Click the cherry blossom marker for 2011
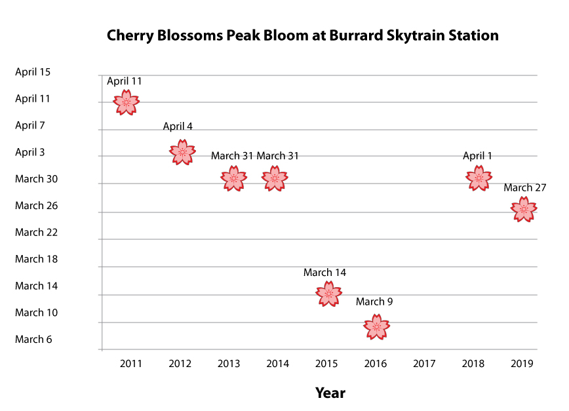[127, 102]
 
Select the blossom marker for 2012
[182, 152]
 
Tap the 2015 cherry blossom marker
[329, 294]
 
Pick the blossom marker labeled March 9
[377, 327]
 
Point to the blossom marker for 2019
[524, 209]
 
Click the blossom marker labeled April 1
[479, 178]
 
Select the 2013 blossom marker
[234, 178]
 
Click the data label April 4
[178, 127]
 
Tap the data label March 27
[524, 187]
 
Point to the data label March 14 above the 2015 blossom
[324, 273]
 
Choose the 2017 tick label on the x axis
[424, 364]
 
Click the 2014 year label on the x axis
[277, 364]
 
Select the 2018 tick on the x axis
[473, 364]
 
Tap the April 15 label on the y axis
[33, 72]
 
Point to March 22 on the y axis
[36, 232]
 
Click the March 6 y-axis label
[33, 340]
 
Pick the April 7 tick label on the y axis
[30, 125]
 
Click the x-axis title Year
[330, 393]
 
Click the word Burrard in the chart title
[356, 35]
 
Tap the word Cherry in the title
[130, 36]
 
